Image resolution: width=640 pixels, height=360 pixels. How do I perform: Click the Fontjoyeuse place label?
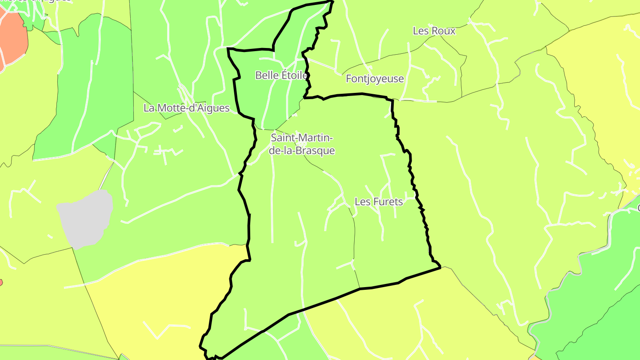coord(375,79)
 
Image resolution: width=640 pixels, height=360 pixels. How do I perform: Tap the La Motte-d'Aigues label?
coord(187,108)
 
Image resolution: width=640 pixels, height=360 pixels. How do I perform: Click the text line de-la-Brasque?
coord(302,151)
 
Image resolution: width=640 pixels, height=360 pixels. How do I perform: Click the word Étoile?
coord(294,76)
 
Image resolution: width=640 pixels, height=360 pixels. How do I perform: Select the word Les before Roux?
coord(420,31)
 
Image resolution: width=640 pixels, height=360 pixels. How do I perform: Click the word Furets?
coord(387,202)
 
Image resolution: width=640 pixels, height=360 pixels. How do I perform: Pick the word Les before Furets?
coord(362,202)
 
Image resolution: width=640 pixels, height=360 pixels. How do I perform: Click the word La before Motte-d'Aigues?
coord(149,108)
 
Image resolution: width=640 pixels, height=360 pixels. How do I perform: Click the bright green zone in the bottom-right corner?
coord(596,311)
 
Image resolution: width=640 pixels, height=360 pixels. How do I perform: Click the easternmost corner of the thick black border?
coord(440,267)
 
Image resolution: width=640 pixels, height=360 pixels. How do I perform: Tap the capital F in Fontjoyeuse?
coord(349,79)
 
